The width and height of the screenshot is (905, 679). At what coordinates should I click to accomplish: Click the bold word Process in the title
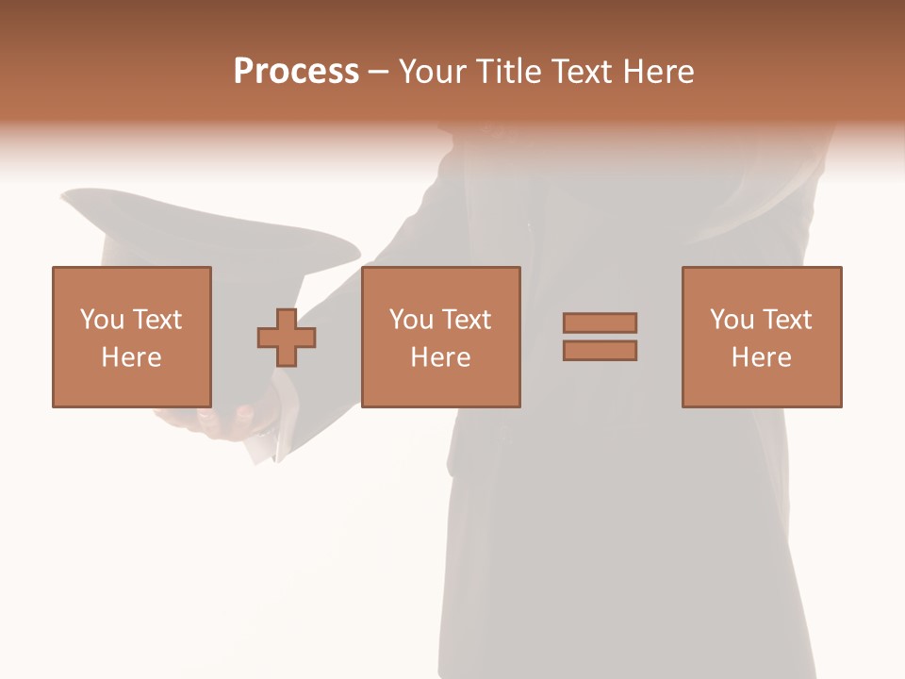(296, 71)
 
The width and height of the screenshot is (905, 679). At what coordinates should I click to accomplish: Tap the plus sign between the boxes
(287, 337)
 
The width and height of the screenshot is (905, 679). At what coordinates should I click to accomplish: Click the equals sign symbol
(600, 337)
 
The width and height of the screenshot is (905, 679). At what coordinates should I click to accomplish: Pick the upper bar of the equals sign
(600, 323)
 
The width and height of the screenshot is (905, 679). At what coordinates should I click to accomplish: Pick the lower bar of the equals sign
(600, 350)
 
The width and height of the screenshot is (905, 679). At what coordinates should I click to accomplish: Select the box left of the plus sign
(132, 337)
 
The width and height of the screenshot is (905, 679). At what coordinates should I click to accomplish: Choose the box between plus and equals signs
(440, 337)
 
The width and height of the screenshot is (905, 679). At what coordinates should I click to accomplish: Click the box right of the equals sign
(762, 337)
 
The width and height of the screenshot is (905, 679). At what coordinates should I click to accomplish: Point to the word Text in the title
(583, 71)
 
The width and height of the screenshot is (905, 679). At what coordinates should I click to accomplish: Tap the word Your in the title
(433, 71)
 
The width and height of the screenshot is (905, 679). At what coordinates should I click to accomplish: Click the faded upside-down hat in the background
(207, 236)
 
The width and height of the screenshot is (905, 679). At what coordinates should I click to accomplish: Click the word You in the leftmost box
(102, 320)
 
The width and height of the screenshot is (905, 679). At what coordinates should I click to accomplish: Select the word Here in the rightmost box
(762, 357)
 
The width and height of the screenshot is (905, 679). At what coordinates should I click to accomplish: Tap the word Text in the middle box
(468, 320)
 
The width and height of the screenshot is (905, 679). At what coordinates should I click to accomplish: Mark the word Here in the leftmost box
(132, 357)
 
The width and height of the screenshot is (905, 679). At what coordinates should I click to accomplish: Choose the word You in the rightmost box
(732, 320)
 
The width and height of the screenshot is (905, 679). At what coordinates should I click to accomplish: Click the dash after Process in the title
(379, 72)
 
